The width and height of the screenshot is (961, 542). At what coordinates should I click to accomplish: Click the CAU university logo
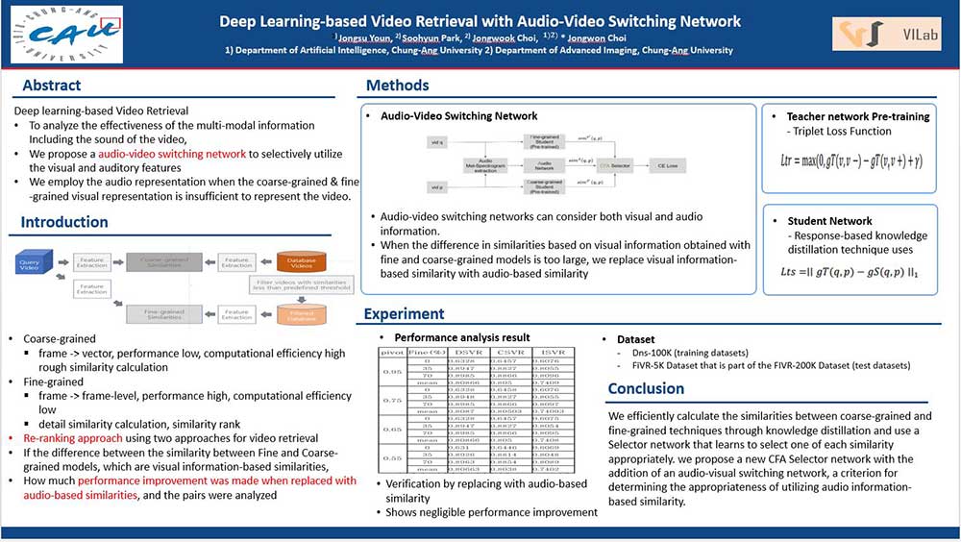tap(63, 35)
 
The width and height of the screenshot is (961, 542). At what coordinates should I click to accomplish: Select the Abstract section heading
tap(52, 85)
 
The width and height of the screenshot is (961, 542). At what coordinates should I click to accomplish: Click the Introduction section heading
tap(64, 222)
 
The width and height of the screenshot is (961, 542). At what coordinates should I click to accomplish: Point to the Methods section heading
tap(397, 86)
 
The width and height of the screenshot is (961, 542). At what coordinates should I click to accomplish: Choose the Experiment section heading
tap(404, 313)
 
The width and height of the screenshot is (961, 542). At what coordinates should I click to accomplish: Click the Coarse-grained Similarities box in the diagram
tap(166, 261)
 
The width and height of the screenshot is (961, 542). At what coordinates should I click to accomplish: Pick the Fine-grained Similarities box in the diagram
tap(166, 313)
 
